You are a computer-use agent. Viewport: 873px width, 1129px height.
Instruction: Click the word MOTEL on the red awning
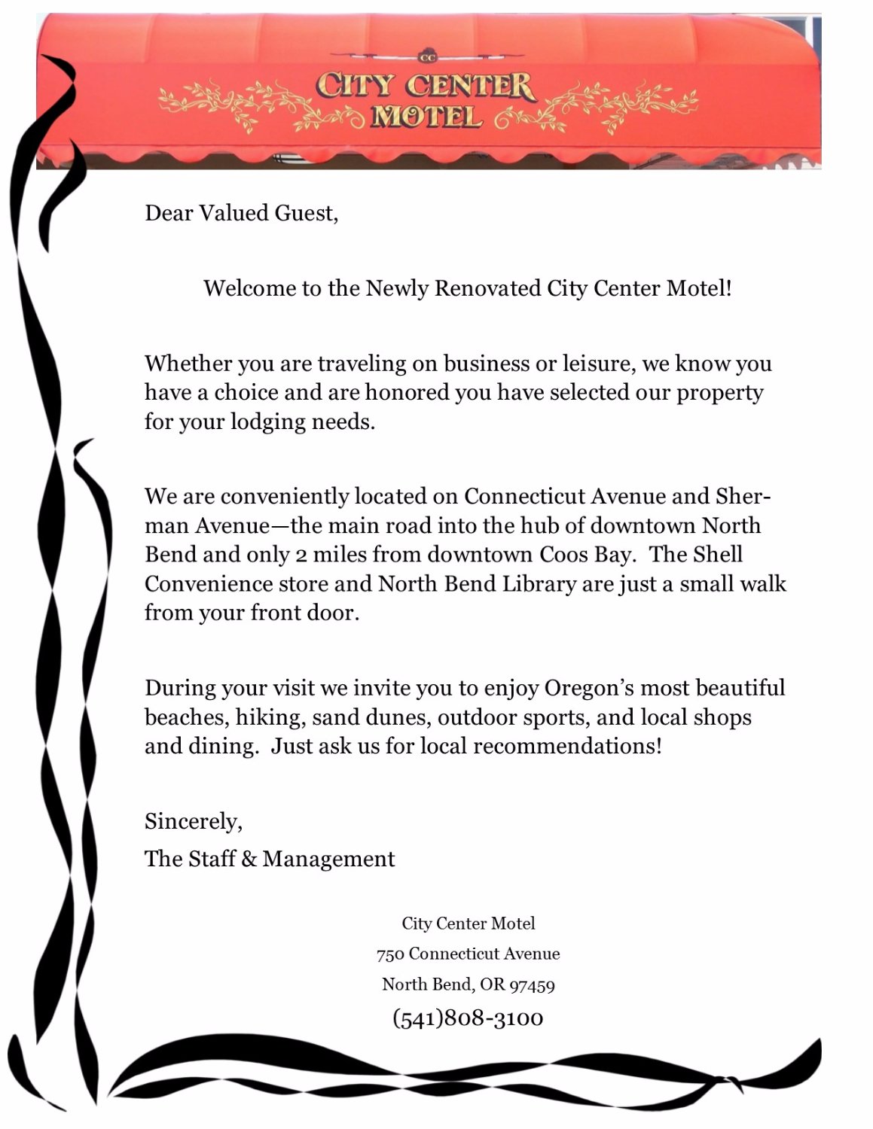click(x=426, y=117)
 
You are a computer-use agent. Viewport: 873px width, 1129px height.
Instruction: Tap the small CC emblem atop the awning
click(x=427, y=56)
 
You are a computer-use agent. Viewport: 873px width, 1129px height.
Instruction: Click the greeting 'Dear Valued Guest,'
click(x=241, y=214)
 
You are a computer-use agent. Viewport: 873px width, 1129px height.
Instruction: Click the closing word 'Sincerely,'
click(x=194, y=821)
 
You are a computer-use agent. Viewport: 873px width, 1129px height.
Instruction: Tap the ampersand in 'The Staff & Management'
click(x=249, y=860)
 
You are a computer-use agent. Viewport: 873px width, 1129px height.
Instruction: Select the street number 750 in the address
click(x=390, y=954)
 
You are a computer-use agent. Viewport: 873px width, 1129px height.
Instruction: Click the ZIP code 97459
click(x=532, y=985)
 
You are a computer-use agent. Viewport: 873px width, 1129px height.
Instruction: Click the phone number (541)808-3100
click(x=468, y=1018)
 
